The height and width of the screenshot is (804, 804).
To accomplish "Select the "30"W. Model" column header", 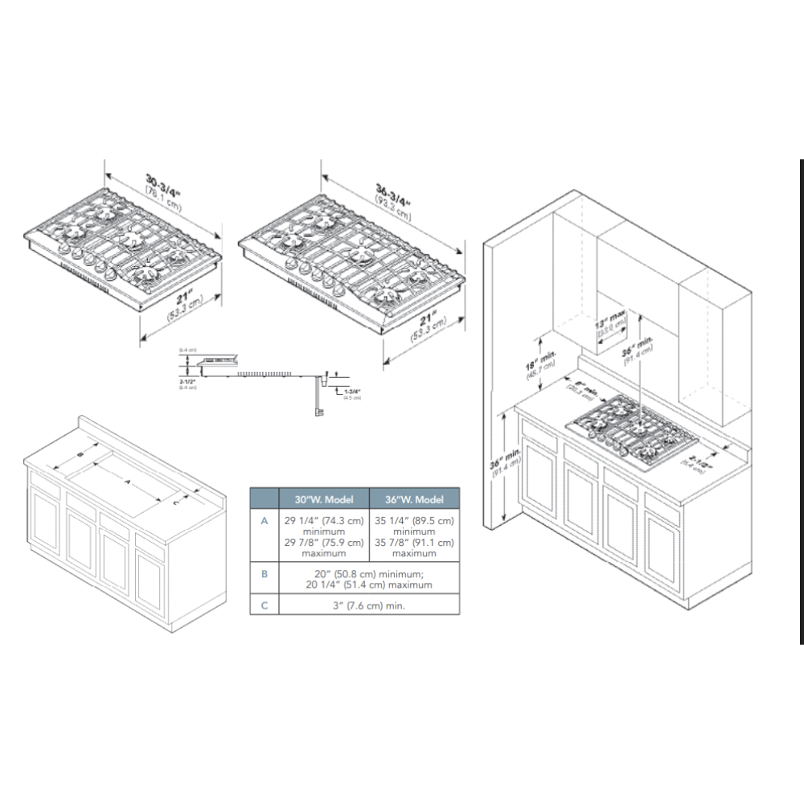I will point(323,499).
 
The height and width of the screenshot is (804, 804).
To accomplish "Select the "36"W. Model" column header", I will point(414,499).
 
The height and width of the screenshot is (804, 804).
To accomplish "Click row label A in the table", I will point(264,521).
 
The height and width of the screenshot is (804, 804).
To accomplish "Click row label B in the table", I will point(264,574).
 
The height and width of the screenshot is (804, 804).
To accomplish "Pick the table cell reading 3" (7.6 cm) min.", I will point(369,605).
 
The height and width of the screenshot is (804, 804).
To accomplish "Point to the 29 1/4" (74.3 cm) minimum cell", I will point(323,526).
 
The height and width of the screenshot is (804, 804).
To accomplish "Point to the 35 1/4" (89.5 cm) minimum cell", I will point(414,526).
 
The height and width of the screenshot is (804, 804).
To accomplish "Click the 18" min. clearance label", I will point(530,358).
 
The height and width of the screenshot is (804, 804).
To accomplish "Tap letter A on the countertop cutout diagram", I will point(125,481).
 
